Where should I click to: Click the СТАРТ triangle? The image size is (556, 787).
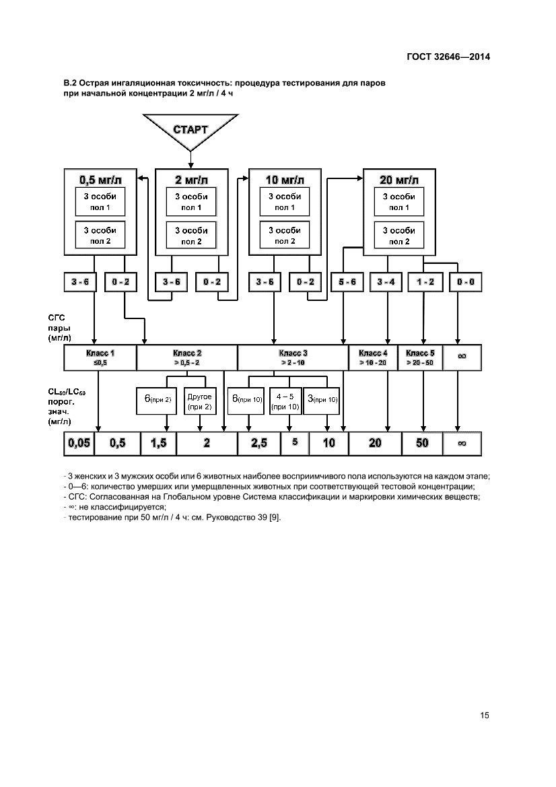pos(191,131)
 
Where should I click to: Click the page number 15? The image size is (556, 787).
pos(484,715)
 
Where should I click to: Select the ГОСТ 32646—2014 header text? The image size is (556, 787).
pos(448,57)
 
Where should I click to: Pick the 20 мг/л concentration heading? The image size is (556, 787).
pos(399,180)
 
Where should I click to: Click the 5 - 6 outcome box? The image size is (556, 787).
pos(348,281)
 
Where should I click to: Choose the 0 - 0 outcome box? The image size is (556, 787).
pos(466,281)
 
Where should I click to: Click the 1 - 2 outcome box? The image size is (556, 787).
pos(425,281)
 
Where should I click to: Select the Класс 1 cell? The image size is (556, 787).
pos(100,357)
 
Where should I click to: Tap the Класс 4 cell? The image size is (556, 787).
pos(373,357)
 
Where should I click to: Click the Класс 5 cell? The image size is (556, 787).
pos(421,357)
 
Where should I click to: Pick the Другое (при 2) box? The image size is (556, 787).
pos(199,402)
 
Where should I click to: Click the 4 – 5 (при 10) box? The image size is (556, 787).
pos(285,402)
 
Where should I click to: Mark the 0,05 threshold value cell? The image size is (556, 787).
pos(78,443)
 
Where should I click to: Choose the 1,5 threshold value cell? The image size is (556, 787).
pos(158,443)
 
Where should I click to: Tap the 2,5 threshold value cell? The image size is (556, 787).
pos(258,443)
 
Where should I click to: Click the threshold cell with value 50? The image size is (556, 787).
pos(421,443)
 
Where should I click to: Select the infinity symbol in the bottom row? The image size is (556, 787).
pos(462,443)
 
